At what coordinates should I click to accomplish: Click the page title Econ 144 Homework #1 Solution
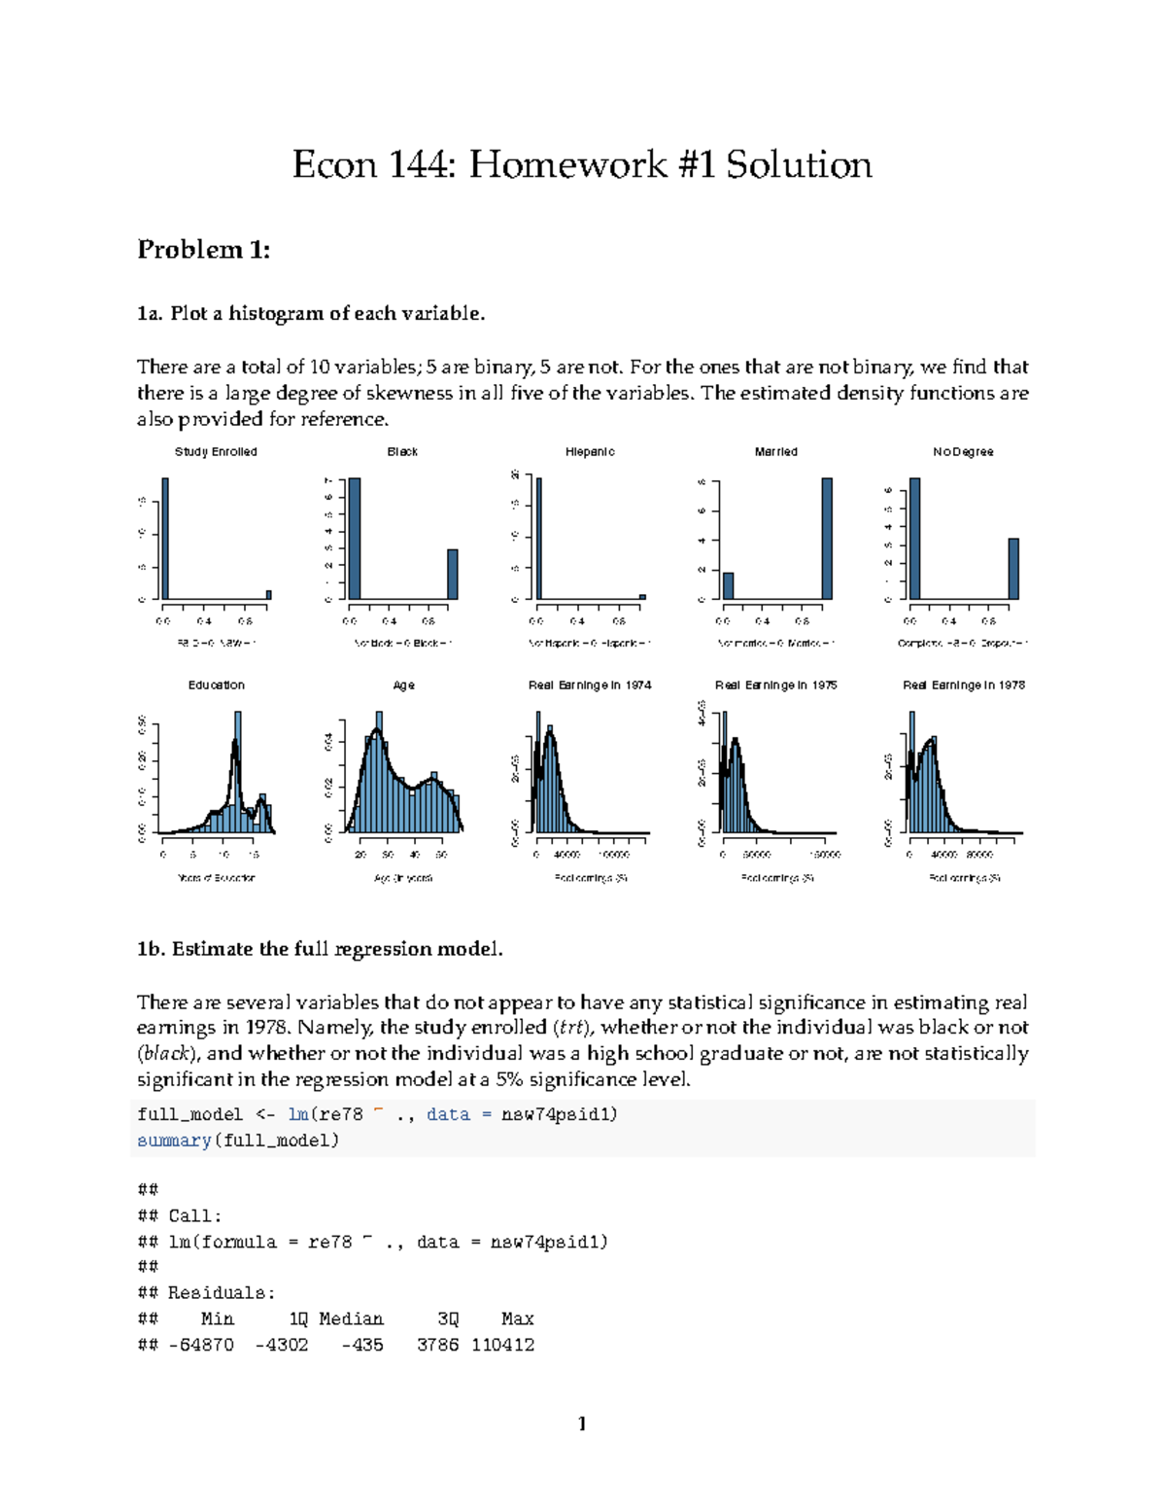582,164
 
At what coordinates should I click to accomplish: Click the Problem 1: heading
203,250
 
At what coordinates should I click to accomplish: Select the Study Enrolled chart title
216,451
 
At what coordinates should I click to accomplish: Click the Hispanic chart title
590,451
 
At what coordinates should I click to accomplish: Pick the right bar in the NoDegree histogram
1013,569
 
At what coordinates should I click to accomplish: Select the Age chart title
403,685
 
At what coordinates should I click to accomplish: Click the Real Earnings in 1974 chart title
590,685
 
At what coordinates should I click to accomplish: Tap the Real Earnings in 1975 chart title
775,685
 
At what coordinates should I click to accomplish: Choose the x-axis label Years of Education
216,877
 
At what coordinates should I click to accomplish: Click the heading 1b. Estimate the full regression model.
320,949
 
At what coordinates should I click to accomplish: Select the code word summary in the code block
174,1140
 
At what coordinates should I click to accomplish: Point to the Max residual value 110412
502,1345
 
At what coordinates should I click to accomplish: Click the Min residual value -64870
200,1345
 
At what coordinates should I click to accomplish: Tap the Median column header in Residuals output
351,1318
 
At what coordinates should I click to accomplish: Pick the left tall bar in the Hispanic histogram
539,538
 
